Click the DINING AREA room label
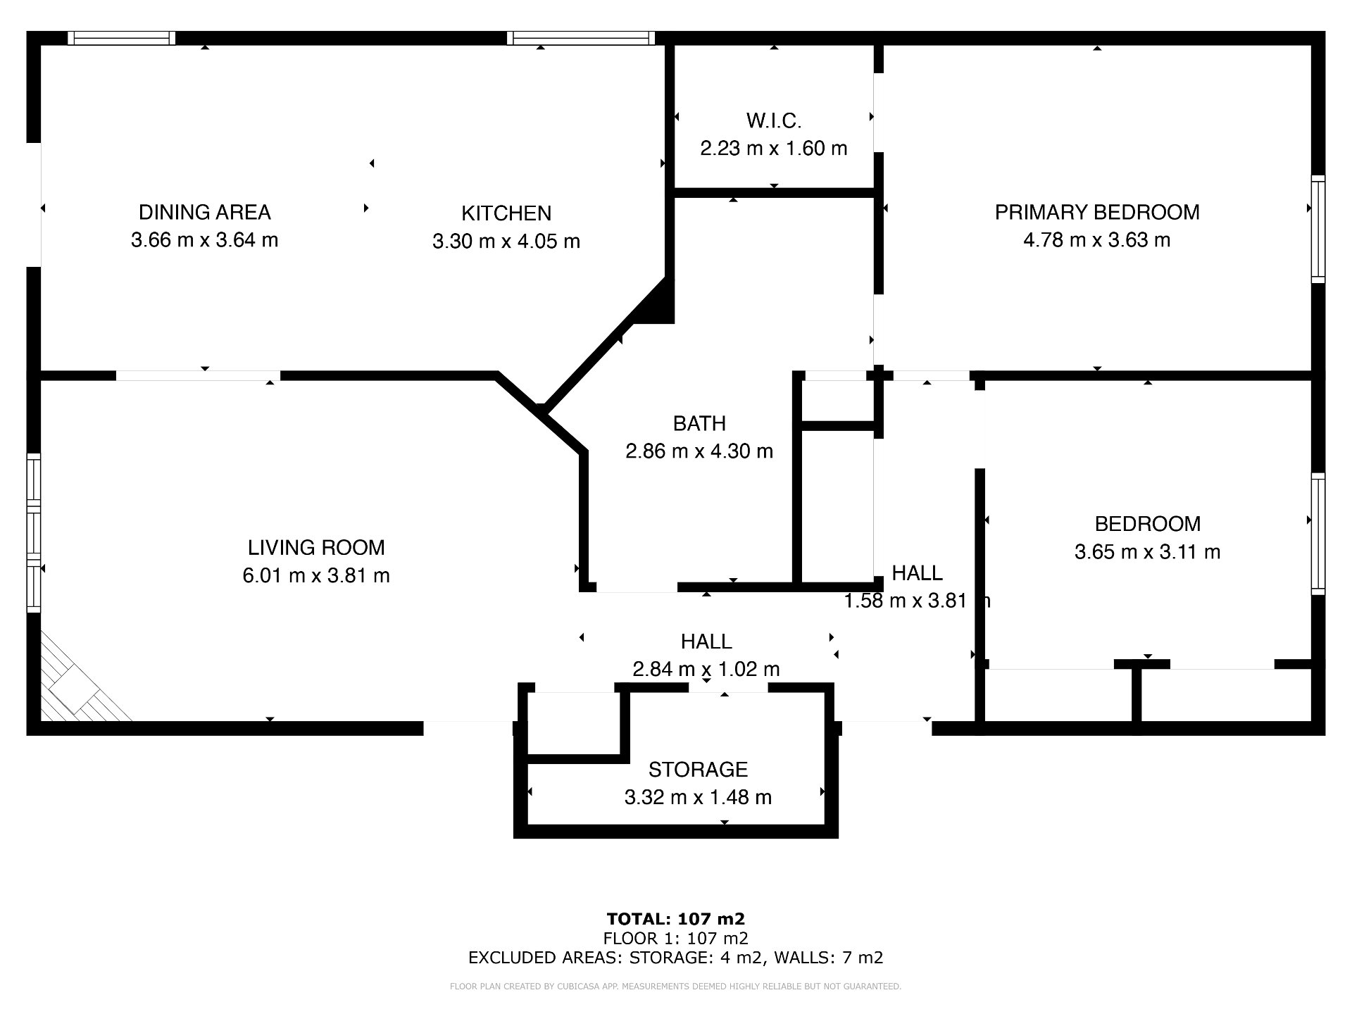coord(204,212)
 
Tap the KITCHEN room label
coord(506,213)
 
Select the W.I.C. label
coord(774,121)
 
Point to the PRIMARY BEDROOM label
coord(1097,212)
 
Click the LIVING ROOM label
coord(316,548)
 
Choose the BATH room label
coord(699,423)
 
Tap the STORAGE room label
coord(698,770)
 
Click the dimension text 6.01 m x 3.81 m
coord(316,576)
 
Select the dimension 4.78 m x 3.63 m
coord(1097,240)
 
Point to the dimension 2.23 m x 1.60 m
coord(774,149)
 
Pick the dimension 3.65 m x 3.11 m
coord(1148,552)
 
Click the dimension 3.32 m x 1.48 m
coord(698,797)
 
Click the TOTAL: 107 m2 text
coord(676,919)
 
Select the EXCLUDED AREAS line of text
coord(676,958)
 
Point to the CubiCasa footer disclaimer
coord(676,987)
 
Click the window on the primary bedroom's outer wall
coord(1318,229)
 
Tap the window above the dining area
coord(122,38)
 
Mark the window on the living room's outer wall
coord(34,533)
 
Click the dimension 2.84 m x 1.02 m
coord(706,669)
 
